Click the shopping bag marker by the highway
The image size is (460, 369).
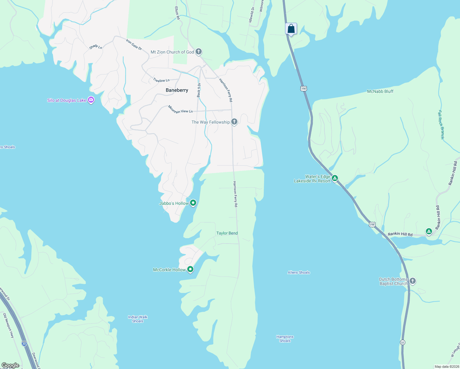click(x=291, y=29)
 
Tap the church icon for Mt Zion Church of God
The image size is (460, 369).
click(x=199, y=52)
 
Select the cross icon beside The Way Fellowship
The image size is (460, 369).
click(x=234, y=122)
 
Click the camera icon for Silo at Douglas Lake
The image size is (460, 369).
click(x=91, y=100)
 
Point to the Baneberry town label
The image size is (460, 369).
click(x=177, y=90)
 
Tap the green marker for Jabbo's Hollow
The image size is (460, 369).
click(x=193, y=203)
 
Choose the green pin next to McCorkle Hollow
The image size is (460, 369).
click(x=190, y=269)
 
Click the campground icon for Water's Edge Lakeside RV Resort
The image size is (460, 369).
click(x=335, y=178)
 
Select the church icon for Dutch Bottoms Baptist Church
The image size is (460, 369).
click(x=413, y=281)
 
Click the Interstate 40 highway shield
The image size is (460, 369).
click(x=24, y=343)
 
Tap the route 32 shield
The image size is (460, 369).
click(x=402, y=342)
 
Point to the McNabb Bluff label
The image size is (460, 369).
click(x=380, y=91)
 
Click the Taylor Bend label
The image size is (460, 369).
click(x=227, y=233)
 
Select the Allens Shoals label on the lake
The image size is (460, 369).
click(x=299, y=272)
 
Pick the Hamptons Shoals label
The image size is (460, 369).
click(x=285, y=339)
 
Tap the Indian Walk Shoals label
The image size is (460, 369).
click(x=137, y=319)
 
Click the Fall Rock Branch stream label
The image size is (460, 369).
click(x=441, y=125)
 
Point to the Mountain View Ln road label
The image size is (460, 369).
click(x=180, y=109)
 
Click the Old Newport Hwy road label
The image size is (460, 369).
click(x=9, y=325)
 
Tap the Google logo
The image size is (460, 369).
click(x=10, y=365)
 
